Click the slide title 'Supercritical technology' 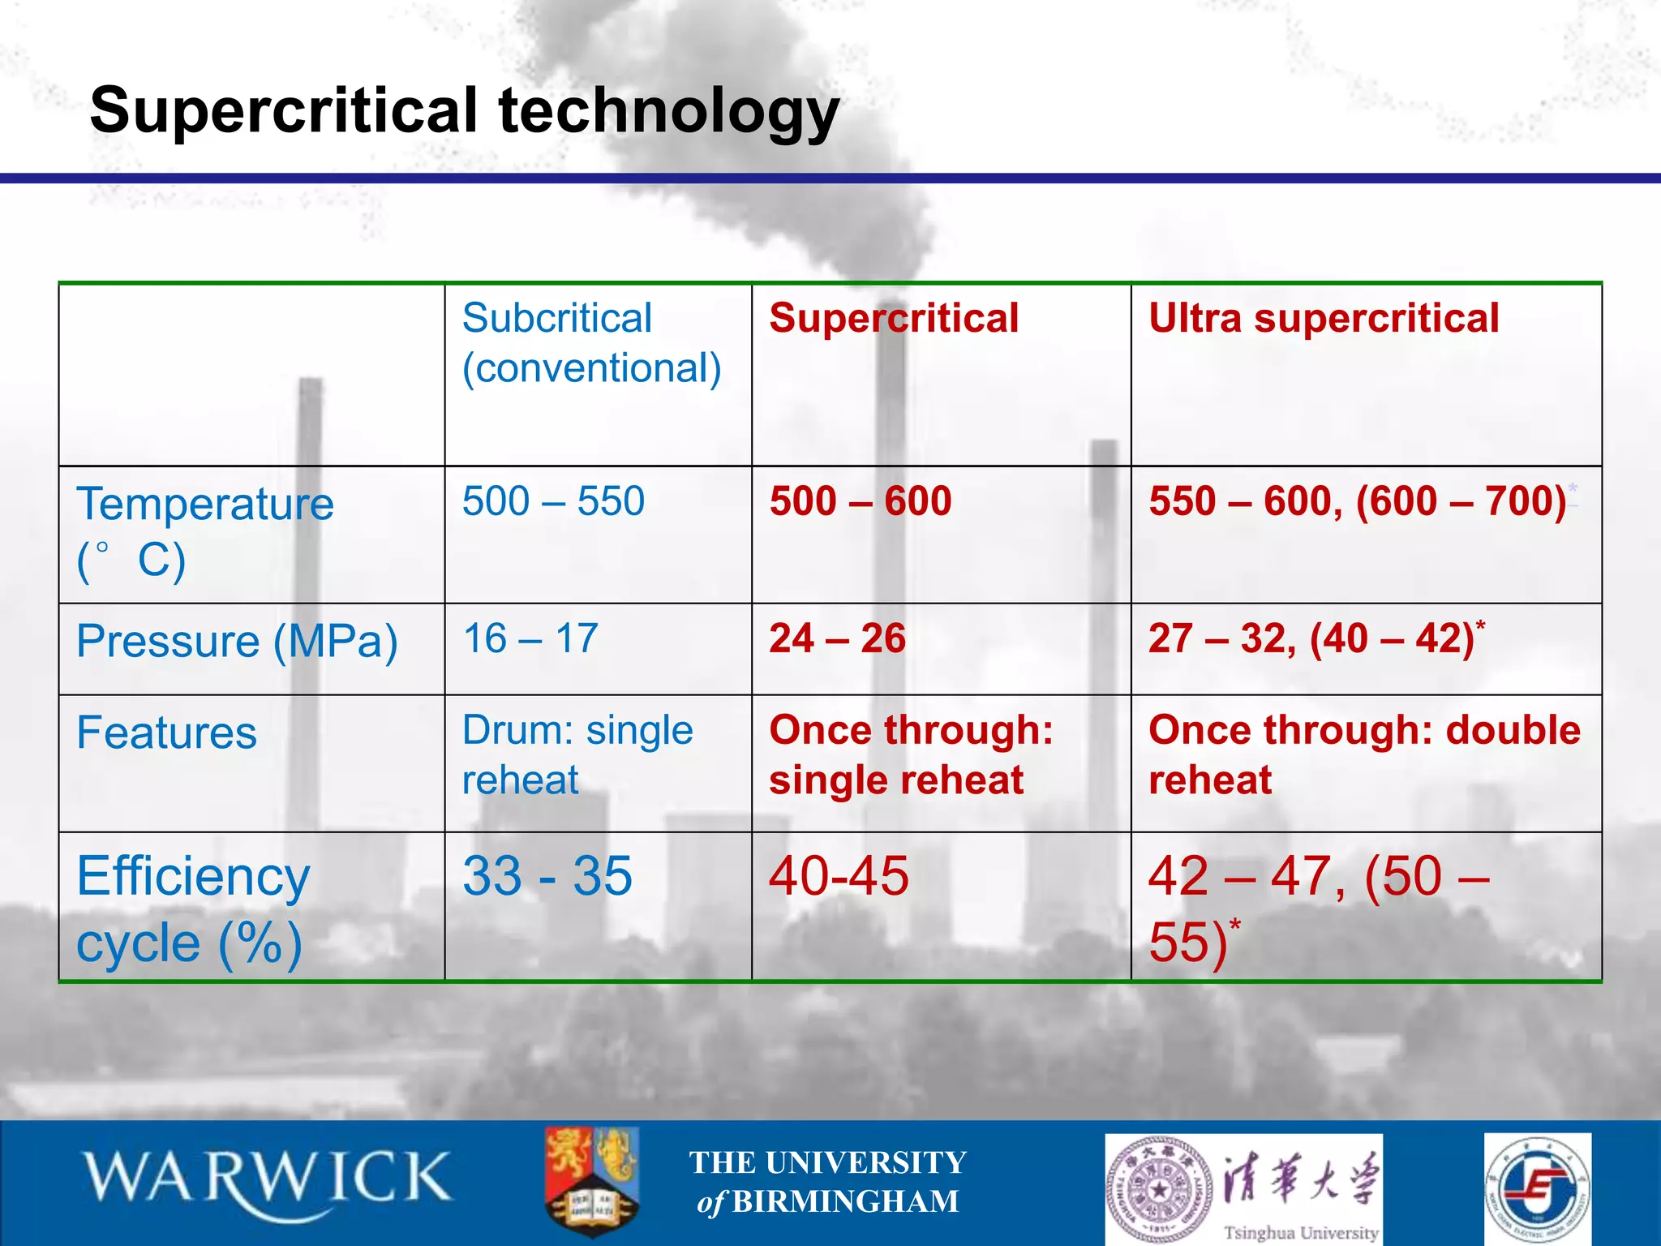[464, 111]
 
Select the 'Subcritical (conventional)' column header [591, 343]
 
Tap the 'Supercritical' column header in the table [894, 318]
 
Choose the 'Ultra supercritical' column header [1324, 318]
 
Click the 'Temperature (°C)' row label [204, 531]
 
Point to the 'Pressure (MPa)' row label [237, 641]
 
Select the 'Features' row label [166, 733]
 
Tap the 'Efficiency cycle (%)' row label [193, 909]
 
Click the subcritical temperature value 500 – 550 [553, 501]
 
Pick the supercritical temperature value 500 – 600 [861, 501]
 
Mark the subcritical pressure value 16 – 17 [530, 638]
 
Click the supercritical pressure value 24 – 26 [837, 638]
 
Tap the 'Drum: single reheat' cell [577, 754]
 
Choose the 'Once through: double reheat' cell [1364, 754]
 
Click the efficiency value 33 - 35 [547, 876]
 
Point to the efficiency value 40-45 [839, 876]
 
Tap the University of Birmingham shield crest [592, 1180]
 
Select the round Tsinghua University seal [1161, 1189]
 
